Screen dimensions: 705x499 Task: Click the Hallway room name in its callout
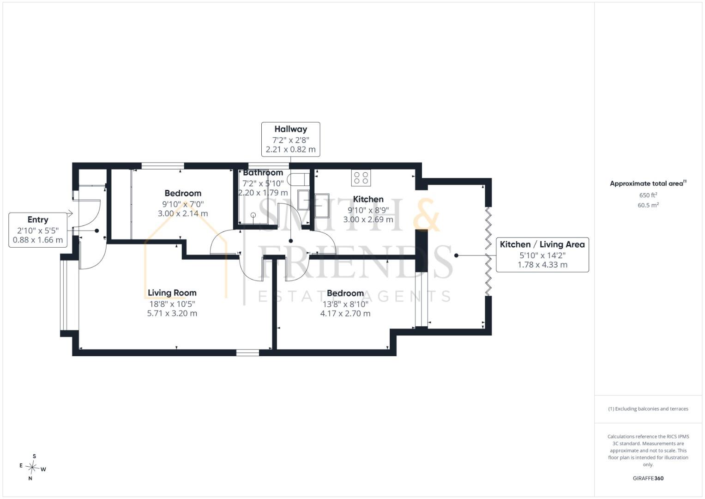click(x=290, y=129)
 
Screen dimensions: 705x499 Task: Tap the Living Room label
click(x=172, y=293)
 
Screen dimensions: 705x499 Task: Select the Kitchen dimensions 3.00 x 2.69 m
click(x=368, y=219)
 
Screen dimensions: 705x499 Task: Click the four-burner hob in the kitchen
click(x=361, y=178)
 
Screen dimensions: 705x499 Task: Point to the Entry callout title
click(x=38, y=219)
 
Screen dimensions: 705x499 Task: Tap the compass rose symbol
click(x=32, y=467)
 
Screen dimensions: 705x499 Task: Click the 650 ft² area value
click(x=648, y=195)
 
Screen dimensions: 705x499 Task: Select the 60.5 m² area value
click(x=648, y=205)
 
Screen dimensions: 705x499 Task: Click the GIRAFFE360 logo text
click(x=648, y=478)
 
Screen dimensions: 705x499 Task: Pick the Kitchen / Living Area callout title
click(x=542, y=244)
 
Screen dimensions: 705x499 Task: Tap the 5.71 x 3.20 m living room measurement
click(x=172, y=313)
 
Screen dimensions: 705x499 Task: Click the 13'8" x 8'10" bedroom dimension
click(x=345, y=304)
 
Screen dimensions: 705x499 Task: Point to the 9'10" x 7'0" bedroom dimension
click(x=183, y=204)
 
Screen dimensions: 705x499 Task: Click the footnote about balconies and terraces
click(x=648, y=409)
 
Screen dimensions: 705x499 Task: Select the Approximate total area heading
click(x=648, y=183)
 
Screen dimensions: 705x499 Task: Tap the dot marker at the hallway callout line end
click(x=291, y=241)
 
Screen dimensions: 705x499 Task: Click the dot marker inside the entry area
click(x=97, y=231)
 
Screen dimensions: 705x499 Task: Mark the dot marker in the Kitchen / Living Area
click(x=456, y=256)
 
